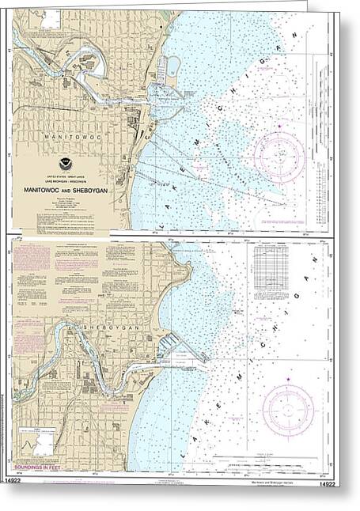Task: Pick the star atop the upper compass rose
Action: click(x=279, y=126)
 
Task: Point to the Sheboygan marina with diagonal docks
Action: click(x=168, y=346)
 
